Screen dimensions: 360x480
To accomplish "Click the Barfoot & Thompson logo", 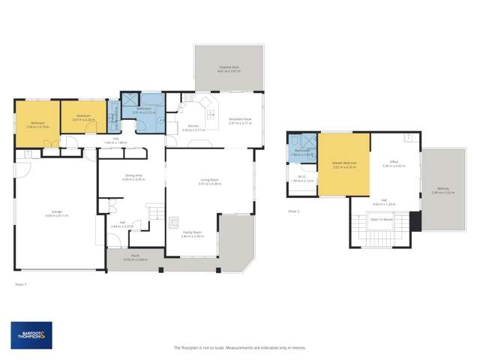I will [31, 335].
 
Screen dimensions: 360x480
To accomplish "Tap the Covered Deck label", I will [229, 68].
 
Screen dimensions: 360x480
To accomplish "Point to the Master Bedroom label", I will [344, 163].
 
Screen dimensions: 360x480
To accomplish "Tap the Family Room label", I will [193, 233].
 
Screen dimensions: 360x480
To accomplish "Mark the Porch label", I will [135, 256].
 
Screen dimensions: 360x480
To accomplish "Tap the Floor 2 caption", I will [294, 211].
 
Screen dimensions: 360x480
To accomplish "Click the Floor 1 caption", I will [21, 284].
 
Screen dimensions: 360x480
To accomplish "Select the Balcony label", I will [443, 190].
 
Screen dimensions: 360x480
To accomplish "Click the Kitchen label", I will [193, 127].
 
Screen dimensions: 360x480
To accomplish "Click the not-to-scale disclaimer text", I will [239, 347].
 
